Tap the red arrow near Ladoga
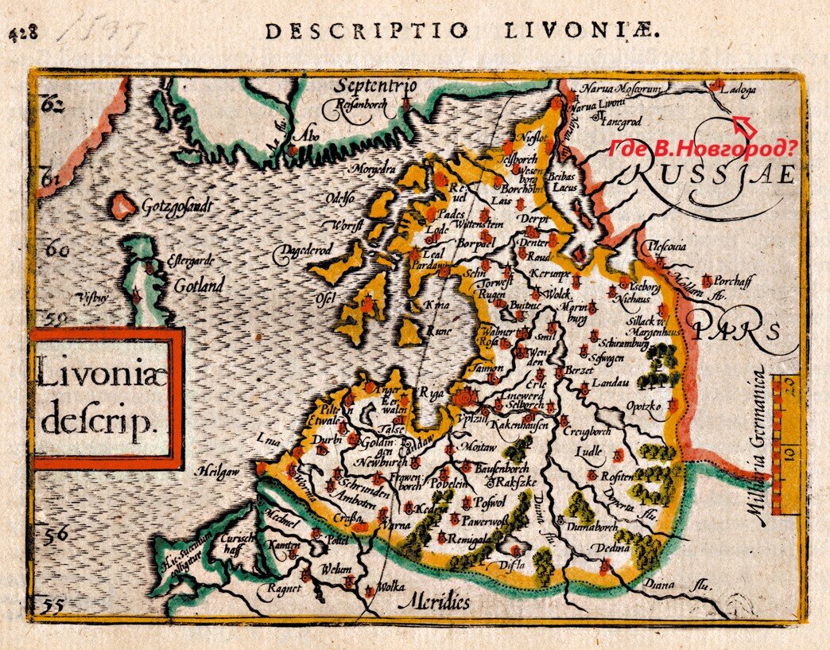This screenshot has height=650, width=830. tap(744, 125)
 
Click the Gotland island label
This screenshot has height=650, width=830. tap(199, 285)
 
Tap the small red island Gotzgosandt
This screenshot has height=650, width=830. tap(123, 206)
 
